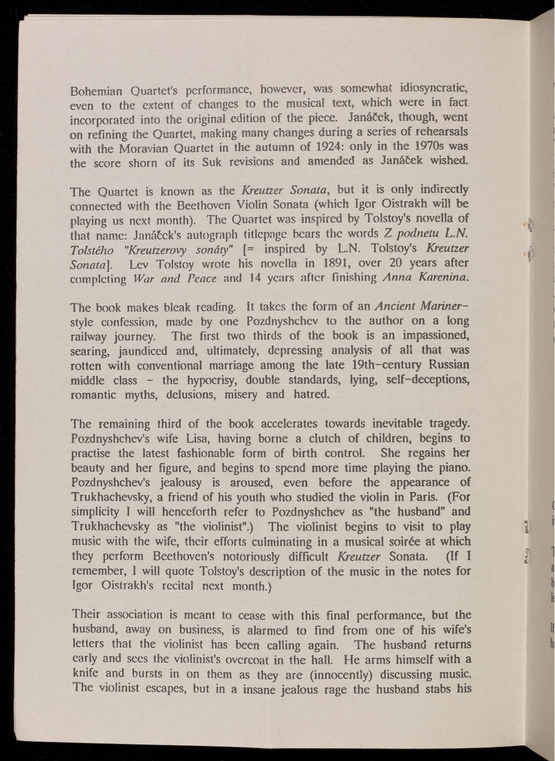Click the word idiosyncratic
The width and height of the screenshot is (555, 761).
[x=433, y=88]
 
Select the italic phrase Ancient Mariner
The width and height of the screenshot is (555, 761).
[x=423, y=306]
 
